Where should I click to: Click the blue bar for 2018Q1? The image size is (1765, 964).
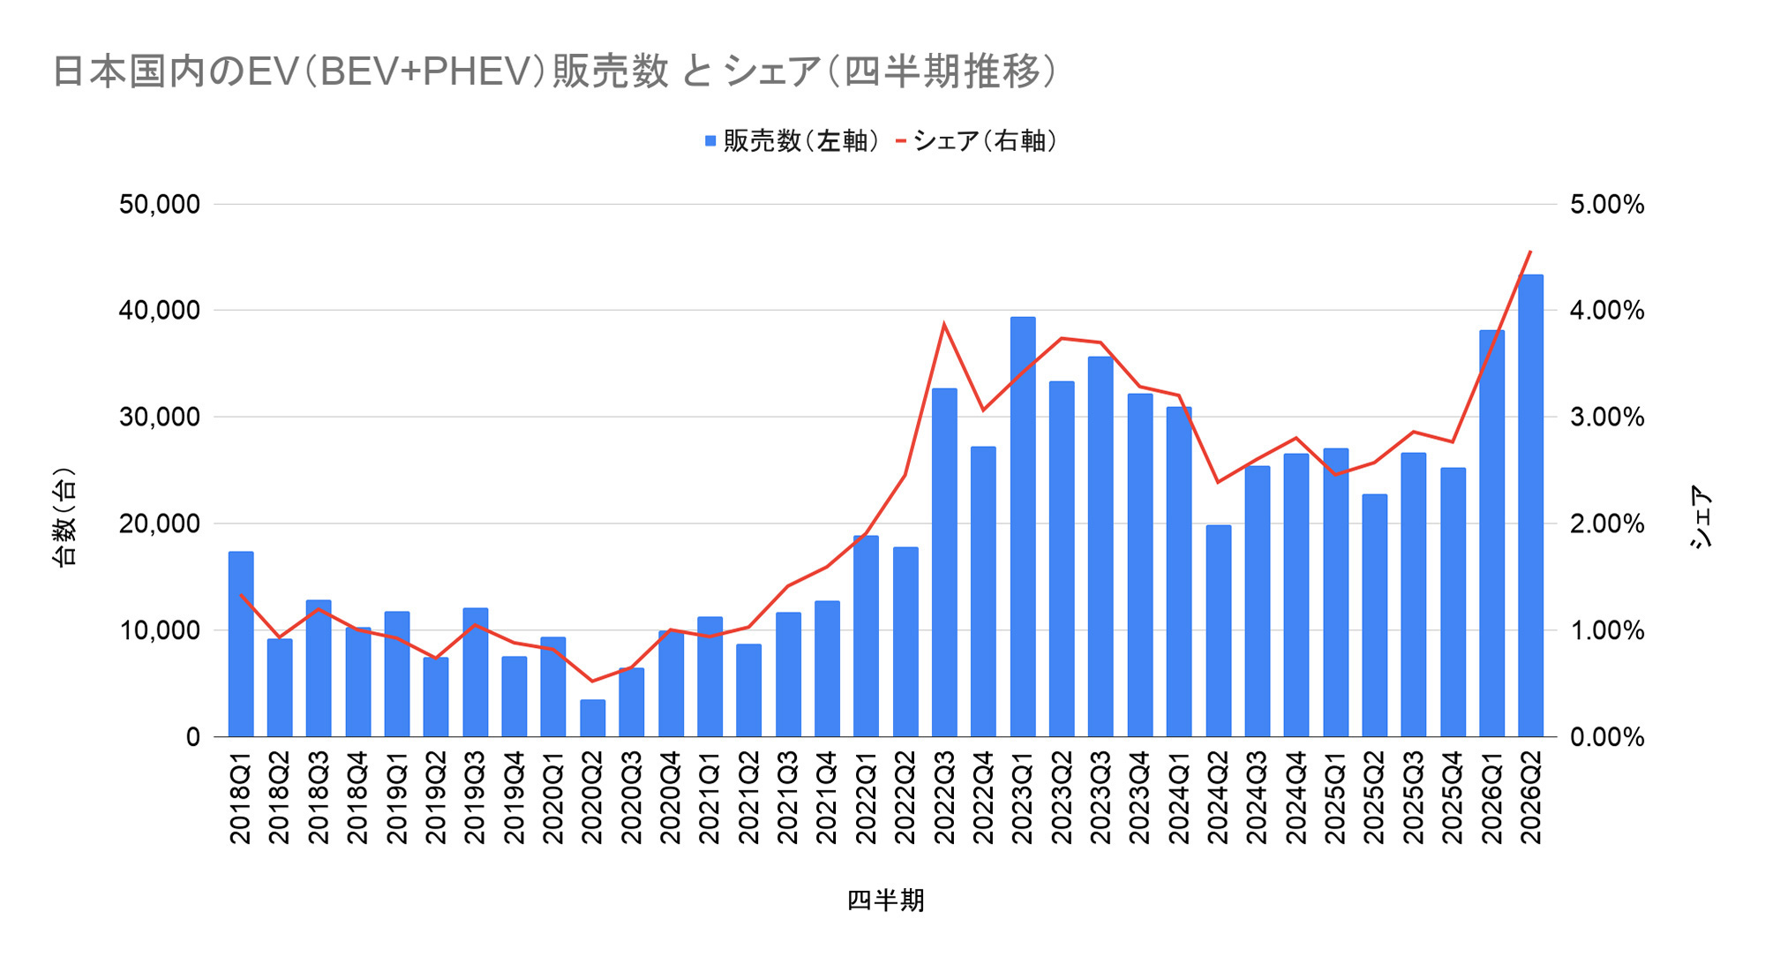coord(241,644)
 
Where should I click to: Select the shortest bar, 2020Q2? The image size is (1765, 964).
coord(592,718)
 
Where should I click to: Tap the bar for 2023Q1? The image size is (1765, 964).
coord(1023,526)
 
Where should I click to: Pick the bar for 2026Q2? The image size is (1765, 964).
coord(1531,505)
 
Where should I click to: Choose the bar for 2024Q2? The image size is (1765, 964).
coord(1219,630)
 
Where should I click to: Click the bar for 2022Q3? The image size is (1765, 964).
coord(944,562)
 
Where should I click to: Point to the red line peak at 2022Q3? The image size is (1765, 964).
coord(944,324)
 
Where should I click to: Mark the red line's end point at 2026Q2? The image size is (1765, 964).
coord(1530,252)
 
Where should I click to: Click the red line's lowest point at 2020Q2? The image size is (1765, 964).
coord(592,681)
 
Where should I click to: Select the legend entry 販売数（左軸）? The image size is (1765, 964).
coord(792,141)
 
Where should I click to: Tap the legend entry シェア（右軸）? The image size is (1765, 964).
coord(975,141)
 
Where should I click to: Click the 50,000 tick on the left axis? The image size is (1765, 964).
coord(160,205)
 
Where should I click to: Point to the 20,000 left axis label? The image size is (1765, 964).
coord(160,524)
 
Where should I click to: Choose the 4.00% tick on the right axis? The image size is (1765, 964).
coord(1607,311)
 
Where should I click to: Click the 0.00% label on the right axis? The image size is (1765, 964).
coord(1607,737)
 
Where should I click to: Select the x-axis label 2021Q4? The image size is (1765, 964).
coord(827,797)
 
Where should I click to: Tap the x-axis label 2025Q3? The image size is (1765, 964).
coord(1414,797)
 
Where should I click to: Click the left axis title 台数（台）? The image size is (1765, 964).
coord(65,516)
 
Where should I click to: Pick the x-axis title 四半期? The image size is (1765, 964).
coord(886,900)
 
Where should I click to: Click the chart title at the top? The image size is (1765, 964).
coord(554,72)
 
